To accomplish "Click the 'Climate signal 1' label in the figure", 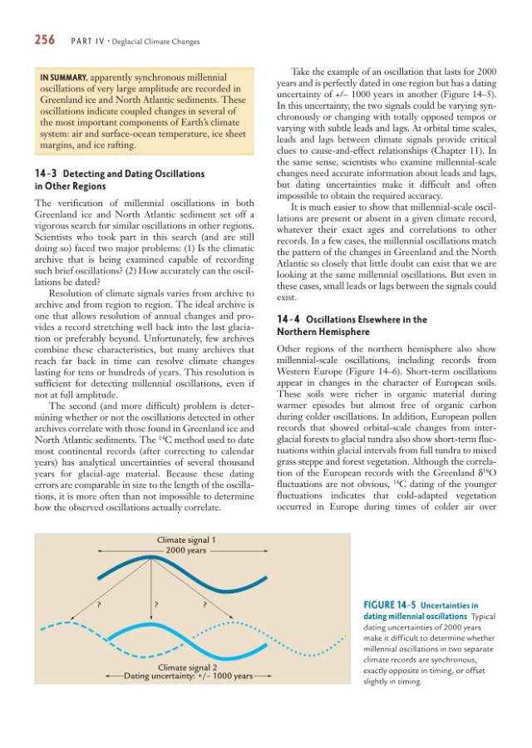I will (187, 540).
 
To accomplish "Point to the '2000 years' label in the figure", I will (186, 551).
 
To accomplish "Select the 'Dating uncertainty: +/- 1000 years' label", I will (188, 677).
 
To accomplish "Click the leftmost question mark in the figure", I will (101, 604).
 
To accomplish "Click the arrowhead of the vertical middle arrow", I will (150, 621).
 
